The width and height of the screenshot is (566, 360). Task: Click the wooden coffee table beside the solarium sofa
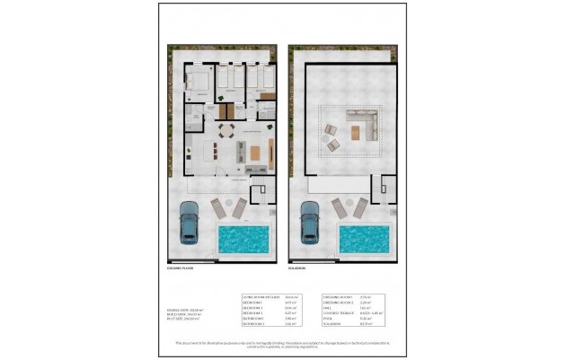(357, 133)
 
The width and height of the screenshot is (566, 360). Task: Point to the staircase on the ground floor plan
(261, 193)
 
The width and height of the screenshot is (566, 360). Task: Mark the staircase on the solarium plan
(382, 193)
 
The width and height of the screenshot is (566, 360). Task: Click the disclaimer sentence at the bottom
(283, 342)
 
